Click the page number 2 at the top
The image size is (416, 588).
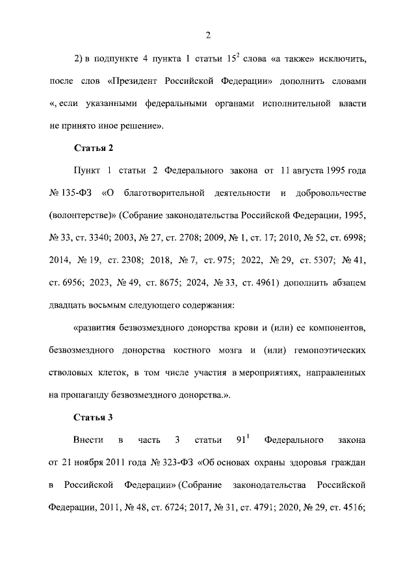click(x=208, y=34)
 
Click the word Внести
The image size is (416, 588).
click(x=88, y=441)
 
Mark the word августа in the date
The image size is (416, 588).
click(x=305, y=172)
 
